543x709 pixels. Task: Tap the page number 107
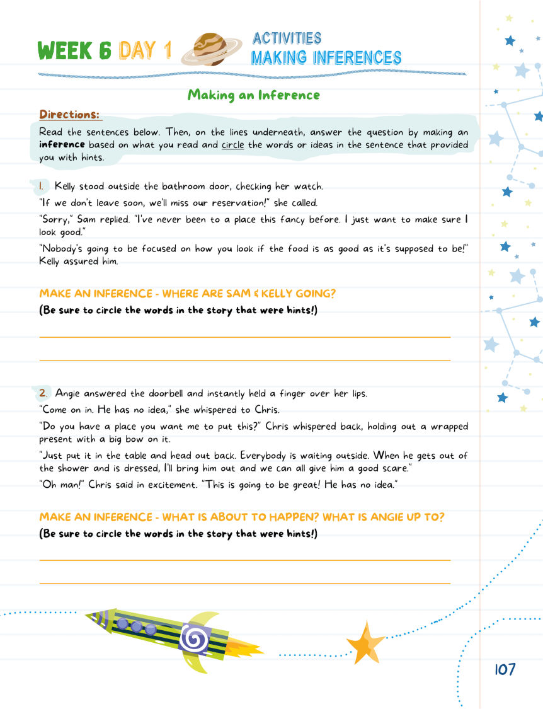(x=505, y=669)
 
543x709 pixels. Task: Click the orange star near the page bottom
(x=366, y=642)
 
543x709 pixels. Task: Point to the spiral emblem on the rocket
(x=194, y=640)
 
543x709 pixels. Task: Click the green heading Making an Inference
(x=254, y=95)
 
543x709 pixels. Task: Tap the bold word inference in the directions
(x=62, y=145)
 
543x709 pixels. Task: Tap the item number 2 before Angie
(x=43, y=393)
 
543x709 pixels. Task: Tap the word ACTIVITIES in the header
(x=287, y=38)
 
